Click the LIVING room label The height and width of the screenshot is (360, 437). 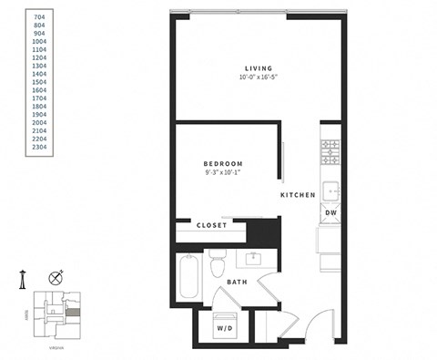click(258, 66)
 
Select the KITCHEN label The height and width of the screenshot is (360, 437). click(298, 195)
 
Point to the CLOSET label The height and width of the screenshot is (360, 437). click(212, 224)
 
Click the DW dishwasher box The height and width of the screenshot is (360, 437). click(330, 212)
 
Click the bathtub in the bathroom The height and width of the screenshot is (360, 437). click(188, 278)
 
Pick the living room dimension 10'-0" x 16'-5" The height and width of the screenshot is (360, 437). click(258, 77)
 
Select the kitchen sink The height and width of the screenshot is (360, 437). click(330, 190)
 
